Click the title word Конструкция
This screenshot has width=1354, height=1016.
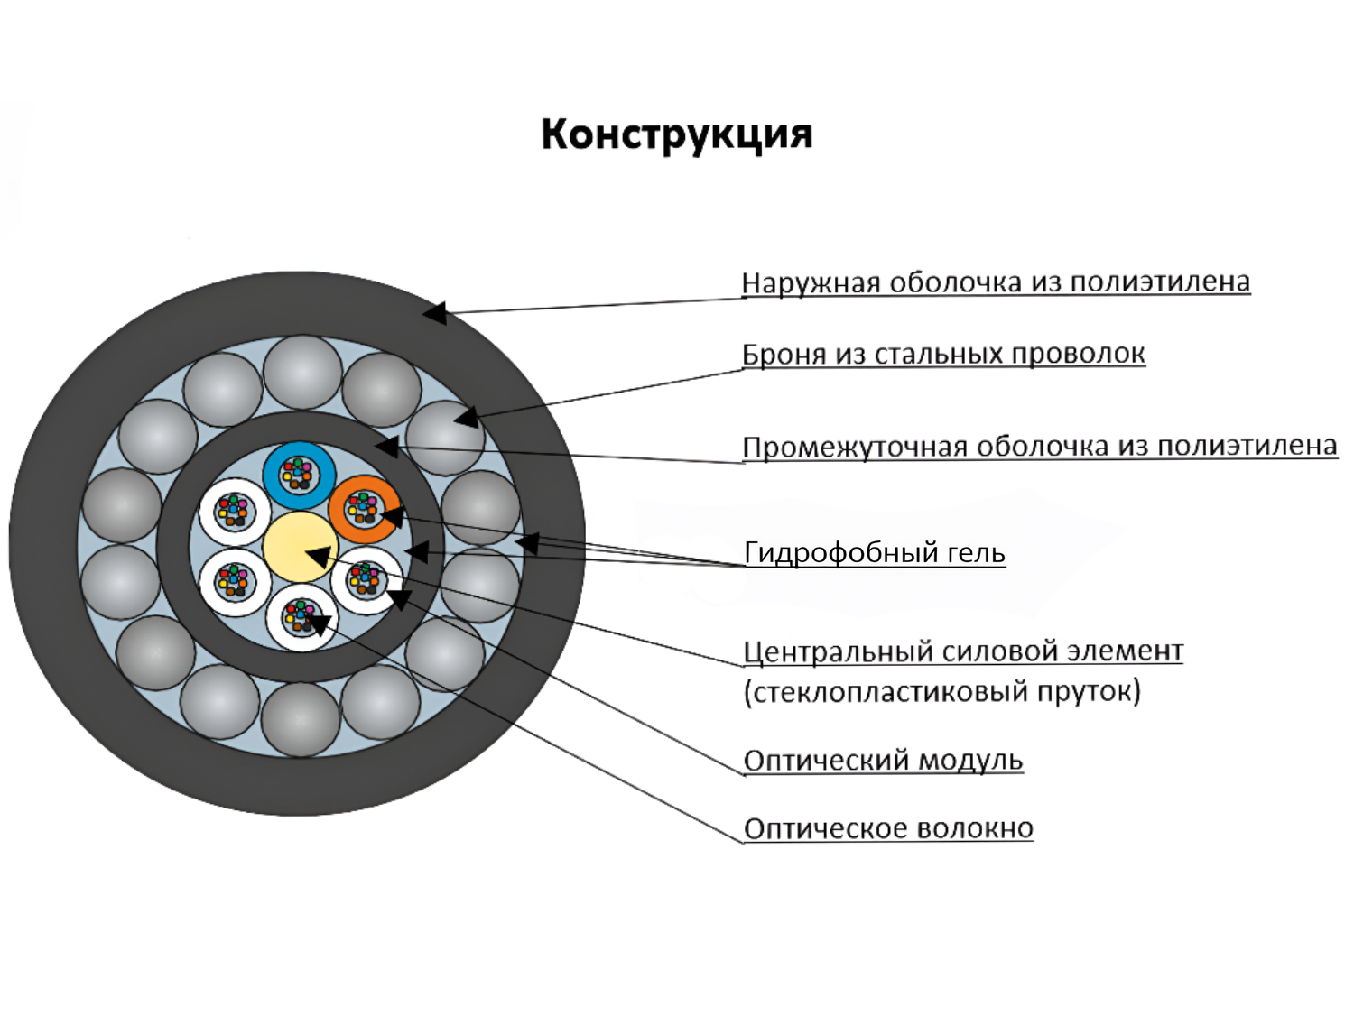coord(677,134)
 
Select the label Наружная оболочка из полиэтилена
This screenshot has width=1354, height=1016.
coord(995,282)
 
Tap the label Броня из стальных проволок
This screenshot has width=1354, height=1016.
coord(942,354)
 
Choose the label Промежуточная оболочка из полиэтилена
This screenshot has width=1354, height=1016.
coord(1039,447)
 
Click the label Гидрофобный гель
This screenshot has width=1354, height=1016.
coord(874,552)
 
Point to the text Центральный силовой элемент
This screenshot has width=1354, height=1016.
coord(962,651)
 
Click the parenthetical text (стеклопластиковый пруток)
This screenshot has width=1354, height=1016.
coord(941,692)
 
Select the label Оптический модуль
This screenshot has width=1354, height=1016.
coord(883,761)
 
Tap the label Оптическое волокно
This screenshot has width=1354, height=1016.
coord(888,828)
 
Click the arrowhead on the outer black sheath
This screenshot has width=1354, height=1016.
coord(435,313)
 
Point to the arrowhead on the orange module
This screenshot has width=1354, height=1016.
coord(391,517)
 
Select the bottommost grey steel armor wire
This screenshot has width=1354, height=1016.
coord(301,718)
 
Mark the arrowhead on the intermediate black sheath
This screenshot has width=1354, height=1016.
coord(386,446)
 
